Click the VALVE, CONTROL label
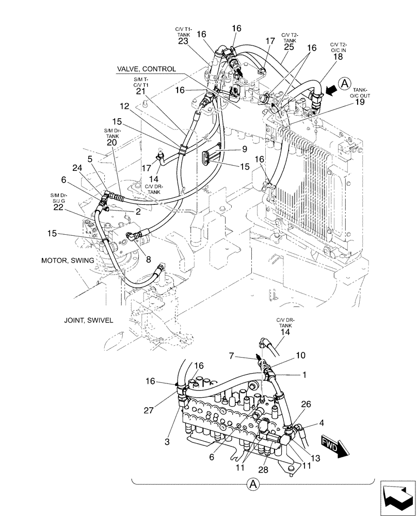146,69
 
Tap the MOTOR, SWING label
68,261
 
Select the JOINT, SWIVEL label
88,320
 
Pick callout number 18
338,58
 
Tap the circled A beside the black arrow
345,82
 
